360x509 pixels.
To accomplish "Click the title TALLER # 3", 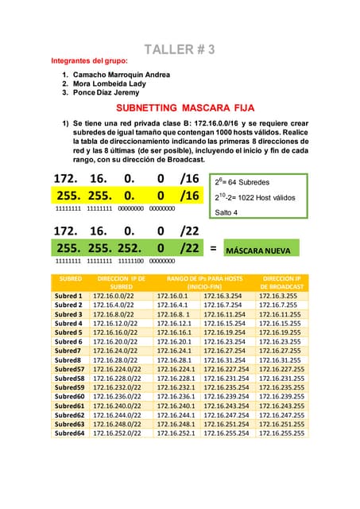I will pos(180,49).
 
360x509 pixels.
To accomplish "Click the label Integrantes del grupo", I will pos(88,60).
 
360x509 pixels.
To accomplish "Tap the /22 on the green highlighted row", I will pos(189,248).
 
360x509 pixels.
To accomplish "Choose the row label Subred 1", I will pos(69,296).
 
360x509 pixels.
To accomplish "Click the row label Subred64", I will pos(69,433).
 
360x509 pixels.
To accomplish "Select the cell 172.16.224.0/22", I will pos(117,369).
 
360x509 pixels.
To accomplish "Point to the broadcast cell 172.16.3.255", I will pos(279,296).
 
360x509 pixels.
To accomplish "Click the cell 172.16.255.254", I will pos(226,433).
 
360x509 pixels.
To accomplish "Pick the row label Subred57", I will pos(69,369).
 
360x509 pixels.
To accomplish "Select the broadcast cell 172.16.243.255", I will pos(279,406).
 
